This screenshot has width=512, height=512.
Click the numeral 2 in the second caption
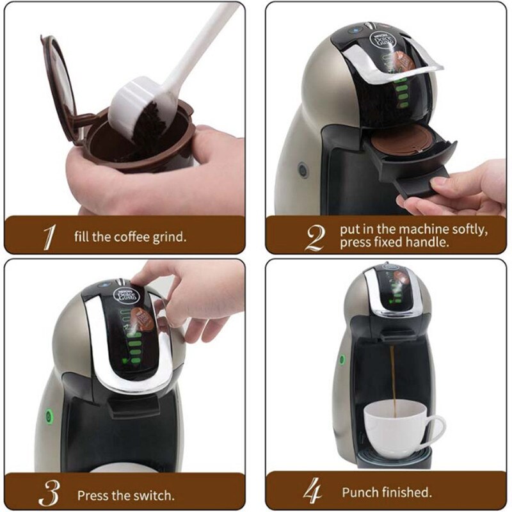[x=314, y=237]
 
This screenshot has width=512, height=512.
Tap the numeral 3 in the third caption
[x=49, y=494]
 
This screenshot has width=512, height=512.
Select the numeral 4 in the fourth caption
[x=312, y=493]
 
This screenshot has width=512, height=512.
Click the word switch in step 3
[x=155, y=495]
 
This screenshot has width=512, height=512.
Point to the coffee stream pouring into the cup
[x=395, y=378]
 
